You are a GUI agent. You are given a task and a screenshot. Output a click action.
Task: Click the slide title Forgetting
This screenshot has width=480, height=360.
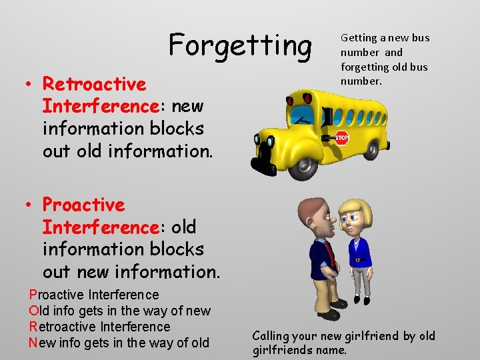(x=240, y=45)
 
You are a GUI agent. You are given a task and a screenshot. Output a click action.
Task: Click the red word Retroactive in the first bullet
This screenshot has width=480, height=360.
(x=94, y=84)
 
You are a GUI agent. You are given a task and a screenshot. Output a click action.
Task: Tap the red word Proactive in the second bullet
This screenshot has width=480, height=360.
(x=83, y=205)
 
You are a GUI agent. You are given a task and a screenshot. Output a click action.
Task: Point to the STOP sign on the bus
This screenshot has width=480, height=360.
(x=341, y=139)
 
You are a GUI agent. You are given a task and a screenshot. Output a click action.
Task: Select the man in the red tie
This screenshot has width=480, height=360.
(x=323, y=257)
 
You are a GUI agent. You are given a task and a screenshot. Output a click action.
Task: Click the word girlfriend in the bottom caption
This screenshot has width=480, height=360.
(x=369, y=336)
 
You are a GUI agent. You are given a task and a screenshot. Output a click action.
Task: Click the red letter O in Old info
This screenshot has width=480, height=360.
(x=34, y=311)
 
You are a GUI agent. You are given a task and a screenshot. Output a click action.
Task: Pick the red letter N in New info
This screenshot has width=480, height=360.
(x=33, y=343)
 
